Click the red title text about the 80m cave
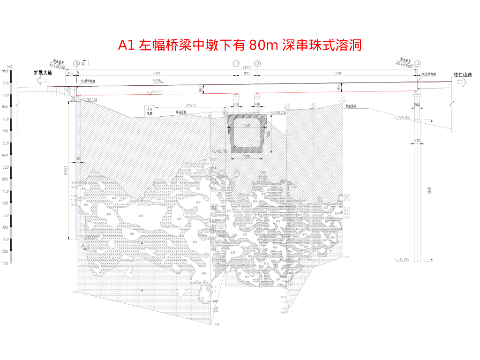click(x=240, y=45)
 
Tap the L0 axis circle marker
click(x=76, y=63)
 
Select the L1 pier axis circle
click(x=236, y=63)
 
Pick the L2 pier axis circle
click(x=257, y=63)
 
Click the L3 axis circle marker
click(x=417, y=63)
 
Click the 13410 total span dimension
click(x=247, y=67)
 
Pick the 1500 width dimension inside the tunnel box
click(x=247, y=126)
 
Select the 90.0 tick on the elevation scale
click(x=5, y=83)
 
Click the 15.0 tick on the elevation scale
click(x=5, y=263)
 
